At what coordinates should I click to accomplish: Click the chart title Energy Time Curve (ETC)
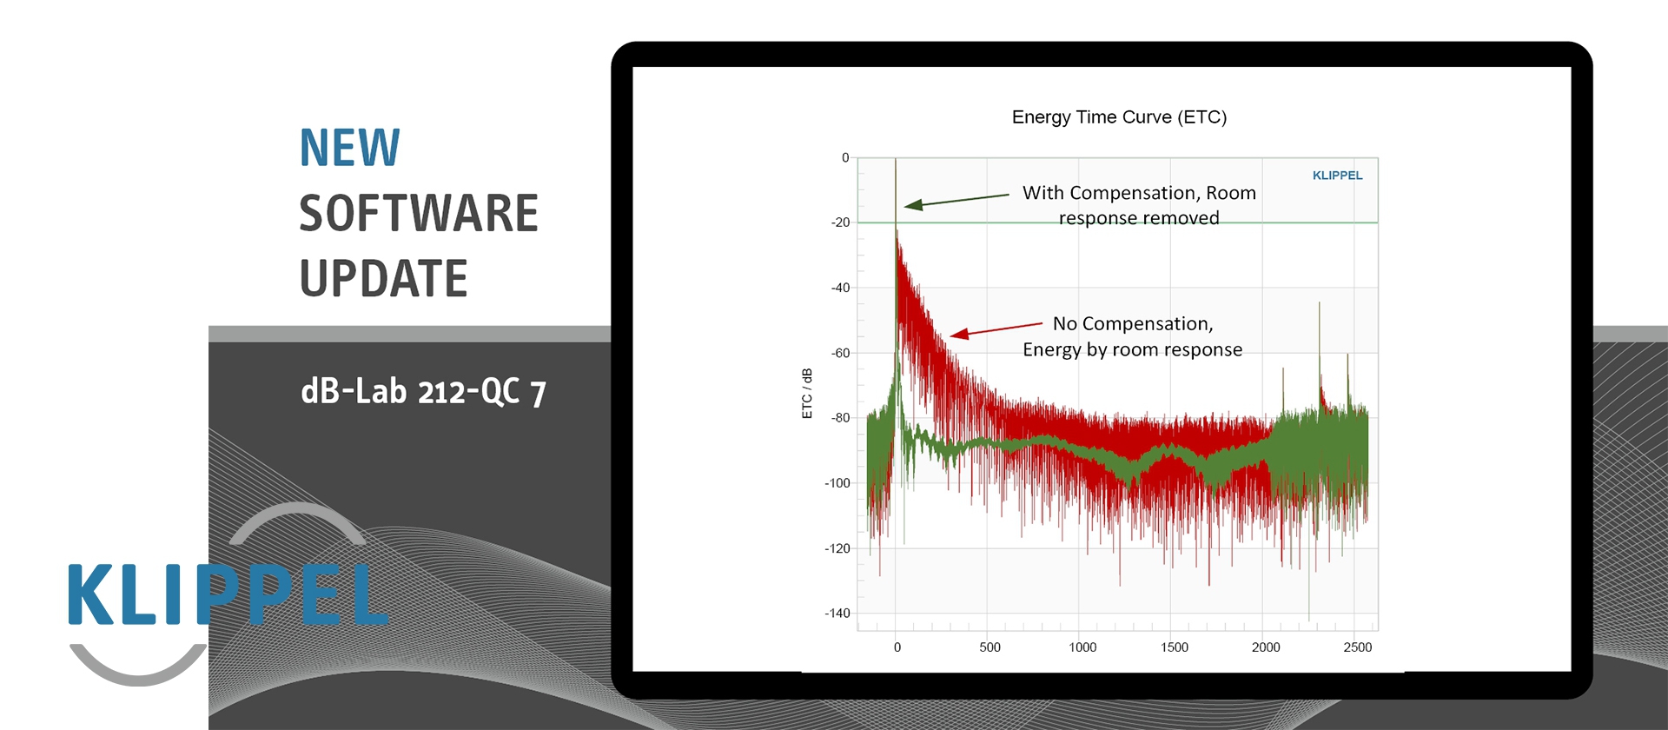tap(1119, 117)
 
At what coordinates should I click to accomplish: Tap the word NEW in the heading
tap(349, 148)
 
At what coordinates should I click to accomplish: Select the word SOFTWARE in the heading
tap(419, 214)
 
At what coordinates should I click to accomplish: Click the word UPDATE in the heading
tap(383, 279)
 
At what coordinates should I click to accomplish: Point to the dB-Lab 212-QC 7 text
tap(423, 392)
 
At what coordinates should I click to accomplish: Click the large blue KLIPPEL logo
tap(228, 594)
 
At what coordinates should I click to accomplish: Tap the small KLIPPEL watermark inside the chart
tap(1337, 176)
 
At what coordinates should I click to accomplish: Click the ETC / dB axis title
tap(807, 393)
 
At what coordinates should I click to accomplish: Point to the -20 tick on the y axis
tap(840, 222)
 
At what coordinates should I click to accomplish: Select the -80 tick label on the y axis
tap(840, 418)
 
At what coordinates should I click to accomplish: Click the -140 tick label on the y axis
tap(837, 614)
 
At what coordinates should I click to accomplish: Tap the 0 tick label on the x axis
tap(897, 647)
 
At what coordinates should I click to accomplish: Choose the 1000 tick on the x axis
tap(1082, 647)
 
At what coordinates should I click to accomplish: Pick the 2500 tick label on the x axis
tap(1358, 647)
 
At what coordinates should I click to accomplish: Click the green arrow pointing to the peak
tap(956, 201)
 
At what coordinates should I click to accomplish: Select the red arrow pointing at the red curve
tap(996, 329)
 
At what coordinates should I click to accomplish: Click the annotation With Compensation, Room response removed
tap(1139, 205)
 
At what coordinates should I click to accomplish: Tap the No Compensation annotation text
tap(1132, 336)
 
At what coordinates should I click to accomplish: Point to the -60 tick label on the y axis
tap(840, 353)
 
